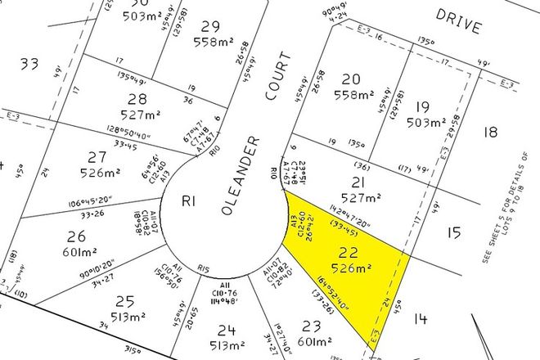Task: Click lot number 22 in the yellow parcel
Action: coord(353,253)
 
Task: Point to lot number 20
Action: coord(352,79)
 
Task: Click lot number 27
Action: coord(98,156)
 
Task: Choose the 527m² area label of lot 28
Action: coord(137,115)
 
